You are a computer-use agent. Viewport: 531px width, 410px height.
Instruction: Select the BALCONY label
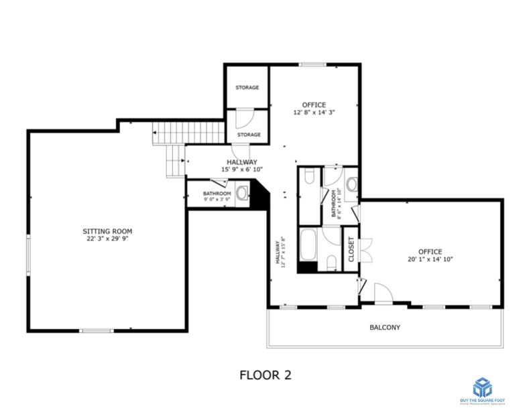(385, 328)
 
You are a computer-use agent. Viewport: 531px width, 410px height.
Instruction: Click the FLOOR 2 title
(265, 374)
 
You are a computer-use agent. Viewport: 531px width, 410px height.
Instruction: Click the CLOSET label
(351, 249)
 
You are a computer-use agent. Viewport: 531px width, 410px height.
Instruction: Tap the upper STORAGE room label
(247, 88)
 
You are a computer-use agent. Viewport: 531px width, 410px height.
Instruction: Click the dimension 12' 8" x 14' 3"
(313, 113)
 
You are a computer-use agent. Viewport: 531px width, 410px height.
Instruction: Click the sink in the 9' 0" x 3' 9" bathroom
(243, 194)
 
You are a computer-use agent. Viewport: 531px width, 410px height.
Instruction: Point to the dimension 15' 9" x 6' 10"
(241, 169)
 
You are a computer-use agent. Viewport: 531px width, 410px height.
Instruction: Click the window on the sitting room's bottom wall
(96, 330)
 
